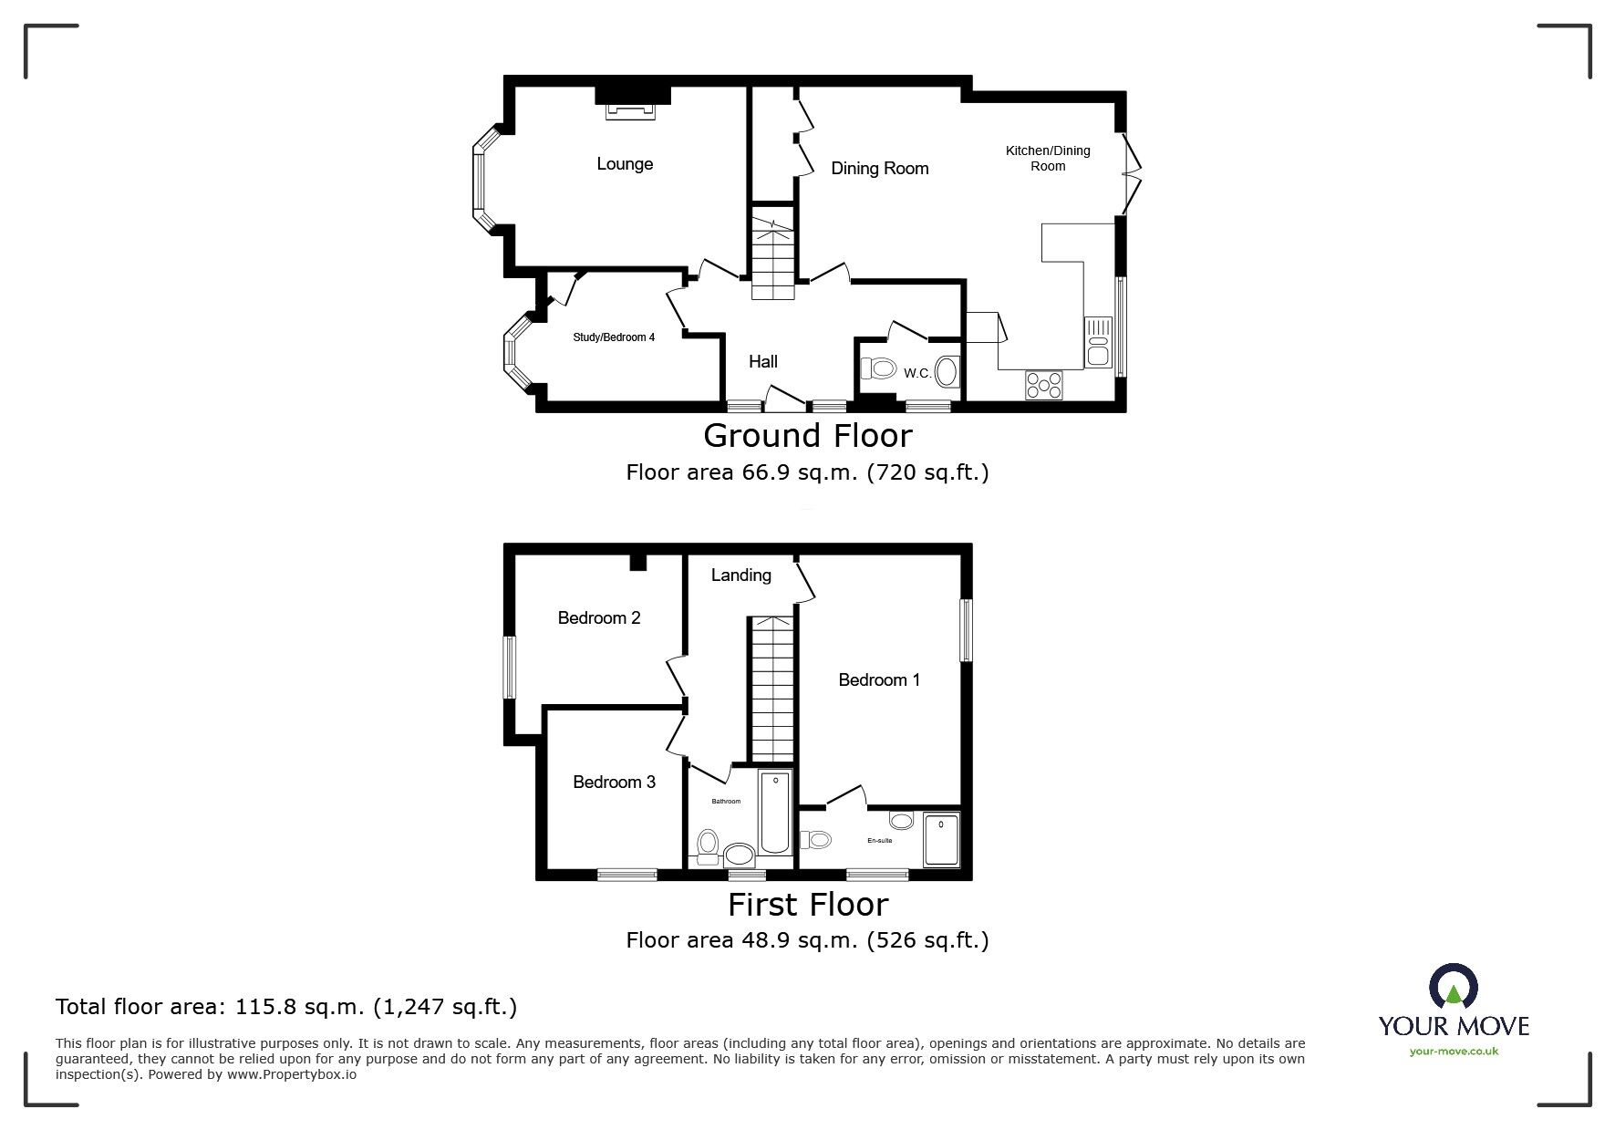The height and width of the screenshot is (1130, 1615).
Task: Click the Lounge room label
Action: [x=625, y=164]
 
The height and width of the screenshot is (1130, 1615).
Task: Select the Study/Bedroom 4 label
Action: [x=614, y=337]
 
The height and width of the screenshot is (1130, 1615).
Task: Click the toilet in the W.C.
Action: [x=879, y=369]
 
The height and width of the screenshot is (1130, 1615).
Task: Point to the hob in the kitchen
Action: [x=1044, y=384]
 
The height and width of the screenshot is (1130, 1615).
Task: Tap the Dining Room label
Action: [x=879, y=169]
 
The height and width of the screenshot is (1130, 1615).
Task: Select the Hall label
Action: [x=762, y=362]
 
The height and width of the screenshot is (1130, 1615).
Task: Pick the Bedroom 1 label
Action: [x=878, y=680]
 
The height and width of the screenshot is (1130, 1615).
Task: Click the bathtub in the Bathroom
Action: [x=775, y=812]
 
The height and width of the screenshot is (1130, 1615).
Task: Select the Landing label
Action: [x=740, y=575]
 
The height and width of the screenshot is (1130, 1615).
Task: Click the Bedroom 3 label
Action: [x=614, y=783]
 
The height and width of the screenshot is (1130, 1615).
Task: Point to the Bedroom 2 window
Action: [x=511, y=668]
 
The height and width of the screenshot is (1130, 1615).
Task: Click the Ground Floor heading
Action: [x=807, y=436]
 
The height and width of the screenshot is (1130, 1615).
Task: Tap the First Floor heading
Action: [x=807, y=905]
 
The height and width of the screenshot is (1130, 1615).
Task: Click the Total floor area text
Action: [x=286, y=1007]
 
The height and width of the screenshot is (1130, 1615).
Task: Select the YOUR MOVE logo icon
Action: [x=1453, y=989]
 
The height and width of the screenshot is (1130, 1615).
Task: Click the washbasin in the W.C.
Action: [x=948, y=372]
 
